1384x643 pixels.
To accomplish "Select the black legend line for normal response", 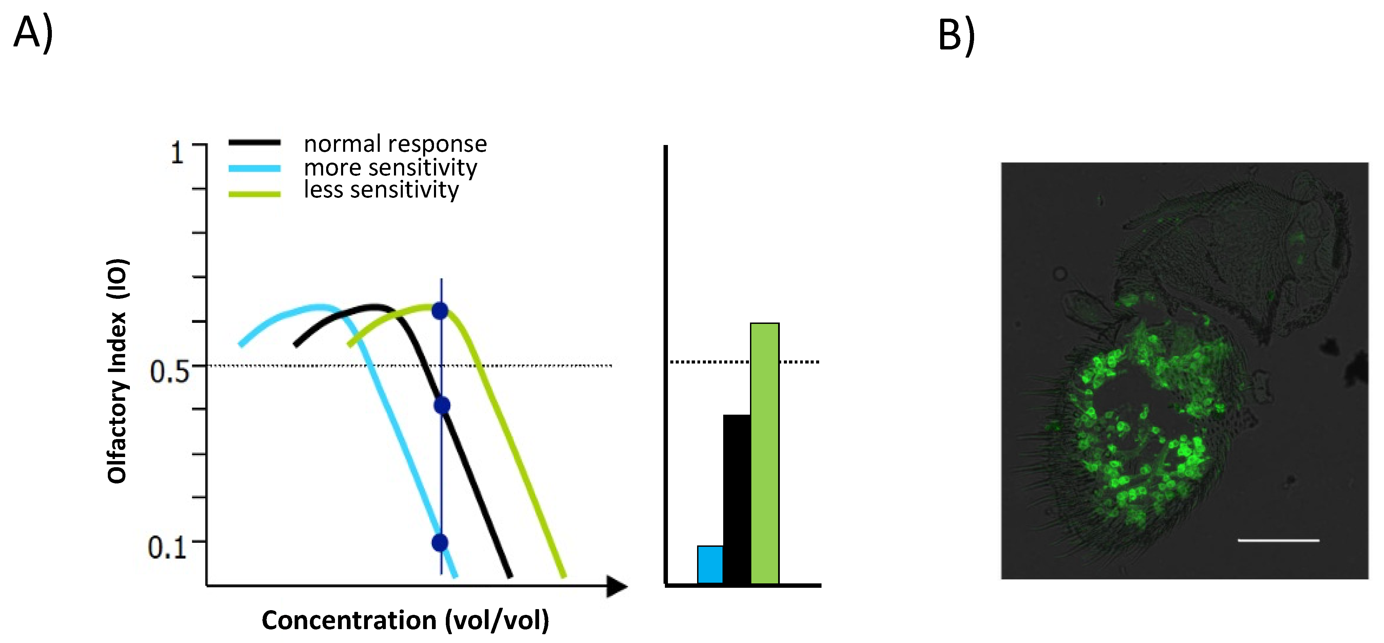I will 254,143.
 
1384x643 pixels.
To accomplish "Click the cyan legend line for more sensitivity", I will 254,168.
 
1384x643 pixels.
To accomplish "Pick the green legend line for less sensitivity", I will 254,194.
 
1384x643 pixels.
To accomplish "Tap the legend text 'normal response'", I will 395,144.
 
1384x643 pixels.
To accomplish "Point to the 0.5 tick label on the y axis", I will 169,371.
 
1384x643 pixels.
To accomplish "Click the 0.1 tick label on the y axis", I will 167,547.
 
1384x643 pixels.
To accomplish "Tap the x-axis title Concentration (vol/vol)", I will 405,620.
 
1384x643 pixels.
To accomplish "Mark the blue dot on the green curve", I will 440,311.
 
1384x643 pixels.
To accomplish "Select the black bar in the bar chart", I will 737,499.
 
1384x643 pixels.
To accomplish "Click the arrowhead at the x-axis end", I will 616,586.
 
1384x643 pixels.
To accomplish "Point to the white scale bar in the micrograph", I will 1278,540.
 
